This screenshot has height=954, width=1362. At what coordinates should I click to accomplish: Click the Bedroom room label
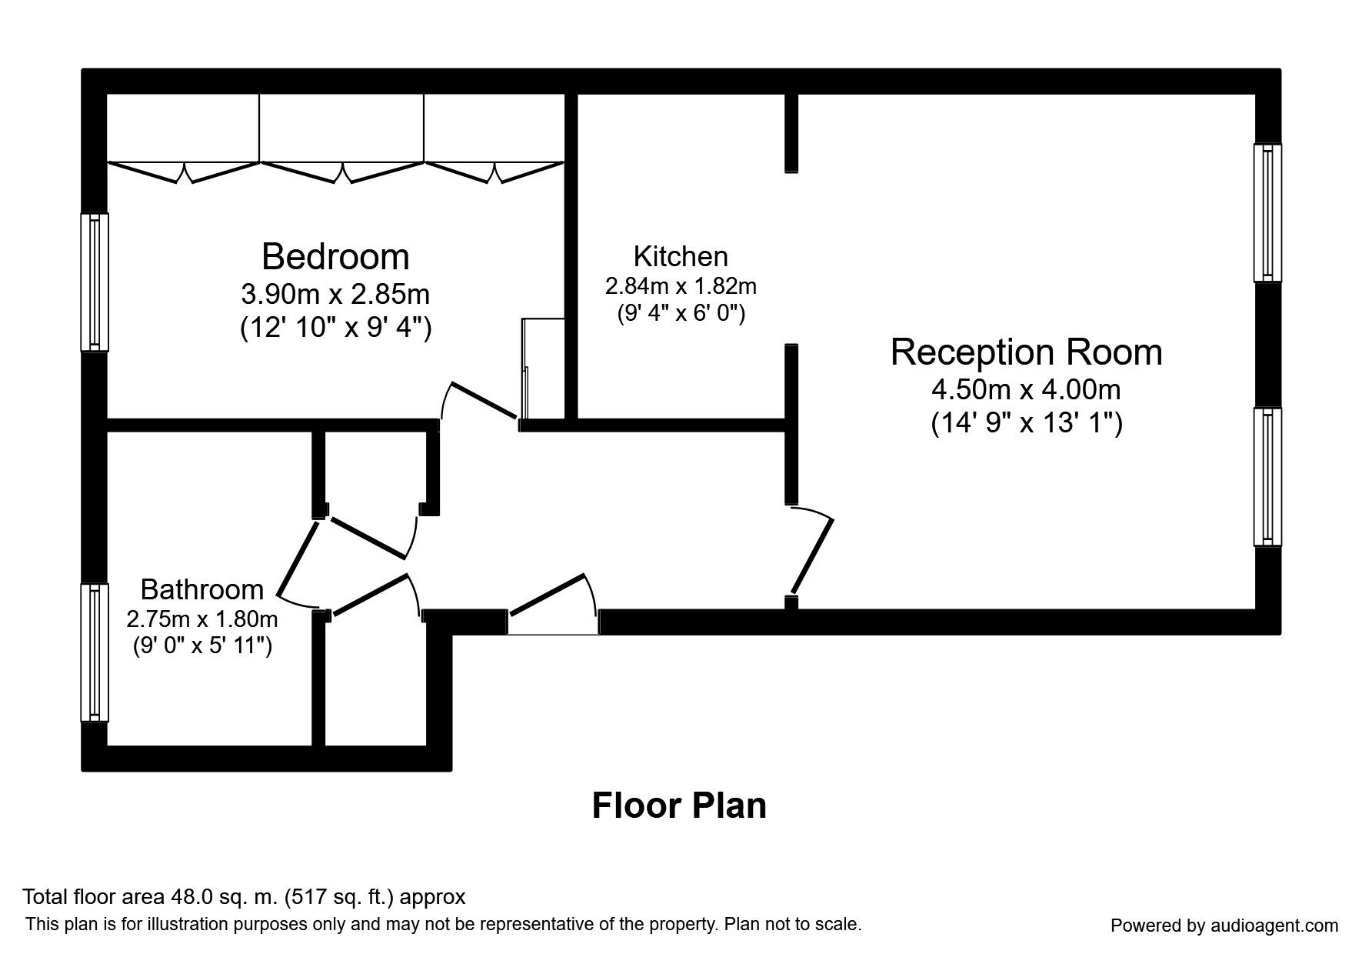[x=335, y=256]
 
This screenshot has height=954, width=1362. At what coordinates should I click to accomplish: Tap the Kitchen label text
[x=681, y=255]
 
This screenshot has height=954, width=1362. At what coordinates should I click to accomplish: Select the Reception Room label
[x=1026, y=352]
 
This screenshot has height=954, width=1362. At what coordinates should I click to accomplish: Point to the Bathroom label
[x=202, y=589]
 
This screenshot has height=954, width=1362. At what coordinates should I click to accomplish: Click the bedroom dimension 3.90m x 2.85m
[x=335, y=294]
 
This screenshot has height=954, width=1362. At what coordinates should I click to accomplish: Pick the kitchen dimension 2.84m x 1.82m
[x=681, y=287]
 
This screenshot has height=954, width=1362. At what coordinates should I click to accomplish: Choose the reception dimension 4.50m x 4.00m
[x=1026, y=390]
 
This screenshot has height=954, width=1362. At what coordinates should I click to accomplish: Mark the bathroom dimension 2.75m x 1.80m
[x=202, y=619]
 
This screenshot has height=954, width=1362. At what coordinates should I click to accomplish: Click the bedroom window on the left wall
[x=95, y=282]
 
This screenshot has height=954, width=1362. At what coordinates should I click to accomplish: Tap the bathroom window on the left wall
[x=95, y=652]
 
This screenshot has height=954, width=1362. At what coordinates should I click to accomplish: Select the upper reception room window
[x=1268, y=212]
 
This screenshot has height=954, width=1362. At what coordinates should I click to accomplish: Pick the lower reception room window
[x=1268, y=477]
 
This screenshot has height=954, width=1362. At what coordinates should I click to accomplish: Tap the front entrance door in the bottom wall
[x=552, y=603]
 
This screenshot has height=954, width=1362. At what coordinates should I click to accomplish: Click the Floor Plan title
[x=679, y=806]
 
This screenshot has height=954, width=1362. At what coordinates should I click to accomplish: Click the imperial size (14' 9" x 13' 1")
[x=1027, y=423]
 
